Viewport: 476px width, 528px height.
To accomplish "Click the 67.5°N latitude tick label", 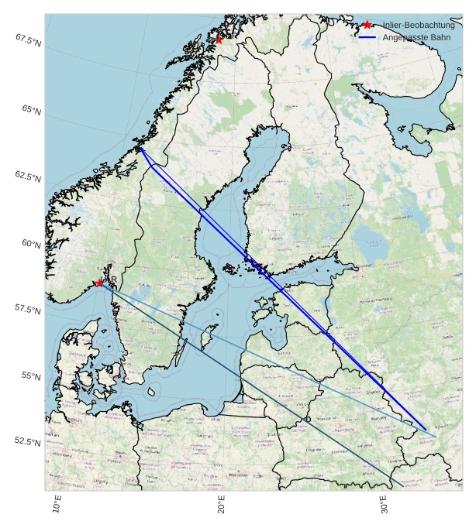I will tap(28, 39).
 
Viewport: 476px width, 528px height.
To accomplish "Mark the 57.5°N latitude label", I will tap(28, 310).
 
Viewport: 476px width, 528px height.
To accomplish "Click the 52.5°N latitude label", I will tap(28, 441).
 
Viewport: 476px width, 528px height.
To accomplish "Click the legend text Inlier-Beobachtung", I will tap(419, 25).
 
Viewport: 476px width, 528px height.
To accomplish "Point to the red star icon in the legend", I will tap(367, 25).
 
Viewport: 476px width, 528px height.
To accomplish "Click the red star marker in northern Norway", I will tap(219, 39).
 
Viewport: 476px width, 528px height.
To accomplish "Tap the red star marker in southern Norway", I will tap(99, 283).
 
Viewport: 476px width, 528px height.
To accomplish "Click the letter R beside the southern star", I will tap(114, 279).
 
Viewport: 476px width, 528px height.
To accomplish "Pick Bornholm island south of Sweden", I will tap(153, 393).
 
